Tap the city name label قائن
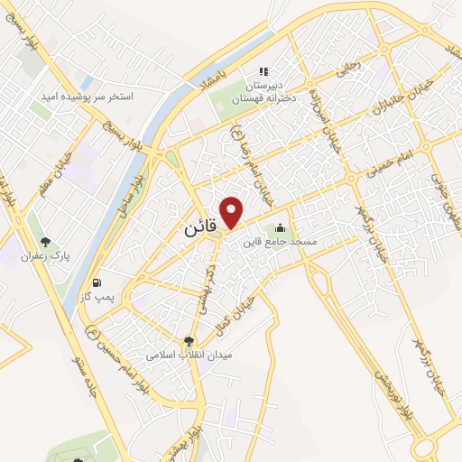201,229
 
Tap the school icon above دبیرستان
263,71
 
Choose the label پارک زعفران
47,256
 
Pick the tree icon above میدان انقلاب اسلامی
189,341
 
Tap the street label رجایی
346,66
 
